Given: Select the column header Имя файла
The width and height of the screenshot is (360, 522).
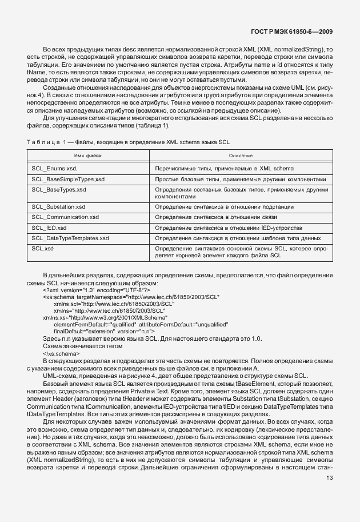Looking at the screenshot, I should (x=87, y=156).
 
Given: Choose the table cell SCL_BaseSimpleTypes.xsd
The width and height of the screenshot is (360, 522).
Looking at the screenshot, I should (x=68, y=179).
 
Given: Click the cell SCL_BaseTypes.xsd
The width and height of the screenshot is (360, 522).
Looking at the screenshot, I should (x=59, y=189).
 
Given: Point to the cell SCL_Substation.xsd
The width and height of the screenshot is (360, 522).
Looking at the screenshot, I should (x=59, y=207).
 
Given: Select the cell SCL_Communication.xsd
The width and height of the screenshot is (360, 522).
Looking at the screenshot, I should (x=65, y=217).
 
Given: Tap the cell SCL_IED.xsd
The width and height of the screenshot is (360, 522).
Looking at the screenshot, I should (x=49, y=228).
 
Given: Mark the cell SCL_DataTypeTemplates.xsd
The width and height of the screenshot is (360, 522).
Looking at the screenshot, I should (x=70, y=238).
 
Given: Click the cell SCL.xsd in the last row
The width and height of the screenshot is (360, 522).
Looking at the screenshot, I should (x=43, y=248).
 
